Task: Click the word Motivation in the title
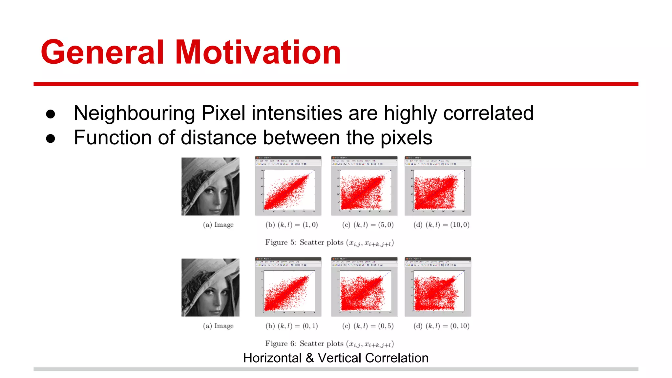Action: click(258, 52)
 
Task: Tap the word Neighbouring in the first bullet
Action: click(135, 113)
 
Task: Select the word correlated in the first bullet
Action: click(488, 113)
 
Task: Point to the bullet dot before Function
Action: click(51, 138)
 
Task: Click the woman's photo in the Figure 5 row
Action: click(210, 186)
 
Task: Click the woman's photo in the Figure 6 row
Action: click(210, 287)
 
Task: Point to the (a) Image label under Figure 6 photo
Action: click(218, 326)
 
